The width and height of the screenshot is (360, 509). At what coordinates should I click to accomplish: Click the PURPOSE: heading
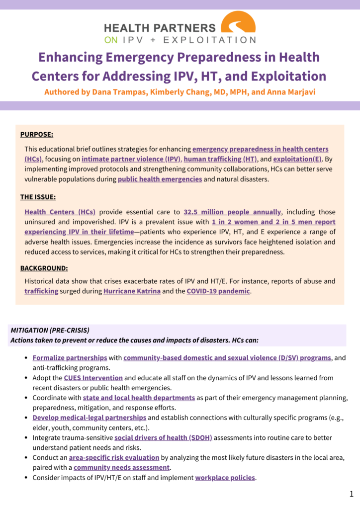point(37,135)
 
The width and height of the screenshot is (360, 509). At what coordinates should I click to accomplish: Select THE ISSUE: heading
point(38,197)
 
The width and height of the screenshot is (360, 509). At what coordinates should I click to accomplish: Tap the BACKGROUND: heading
point(44,268)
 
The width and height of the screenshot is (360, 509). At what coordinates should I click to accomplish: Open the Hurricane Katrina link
point(132,291)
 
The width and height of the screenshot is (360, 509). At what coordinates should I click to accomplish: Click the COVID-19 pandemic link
point(218,291)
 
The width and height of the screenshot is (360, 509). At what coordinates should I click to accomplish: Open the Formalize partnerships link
point(70,358)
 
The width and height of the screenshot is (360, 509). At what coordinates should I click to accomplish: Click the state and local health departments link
point(139,398)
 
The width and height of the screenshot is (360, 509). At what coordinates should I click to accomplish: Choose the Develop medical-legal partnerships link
point(90,418)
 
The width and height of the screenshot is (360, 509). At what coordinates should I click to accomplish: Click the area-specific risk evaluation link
point(114,457)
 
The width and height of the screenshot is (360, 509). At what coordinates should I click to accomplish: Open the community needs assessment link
point(121,467)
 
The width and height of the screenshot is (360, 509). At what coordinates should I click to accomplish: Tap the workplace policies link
point(225,478)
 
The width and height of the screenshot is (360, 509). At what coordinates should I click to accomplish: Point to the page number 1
point(351,494)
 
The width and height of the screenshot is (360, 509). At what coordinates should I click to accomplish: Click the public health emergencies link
point(160,179)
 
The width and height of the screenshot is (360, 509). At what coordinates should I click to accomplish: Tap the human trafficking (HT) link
point(220,159)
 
